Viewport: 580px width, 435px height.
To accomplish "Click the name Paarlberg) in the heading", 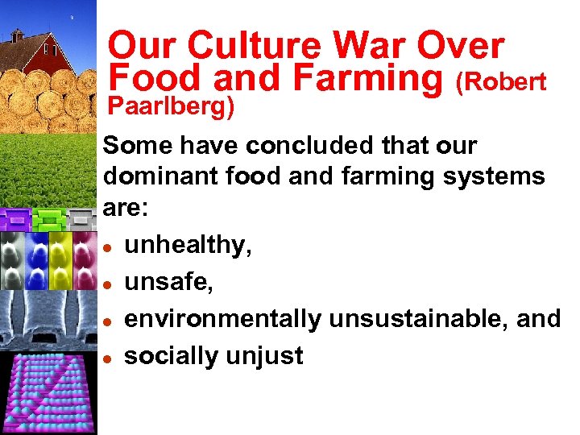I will (171, 106).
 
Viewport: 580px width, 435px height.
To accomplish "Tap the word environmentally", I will (222, 319).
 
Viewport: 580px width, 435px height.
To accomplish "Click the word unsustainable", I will (418, 319).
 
